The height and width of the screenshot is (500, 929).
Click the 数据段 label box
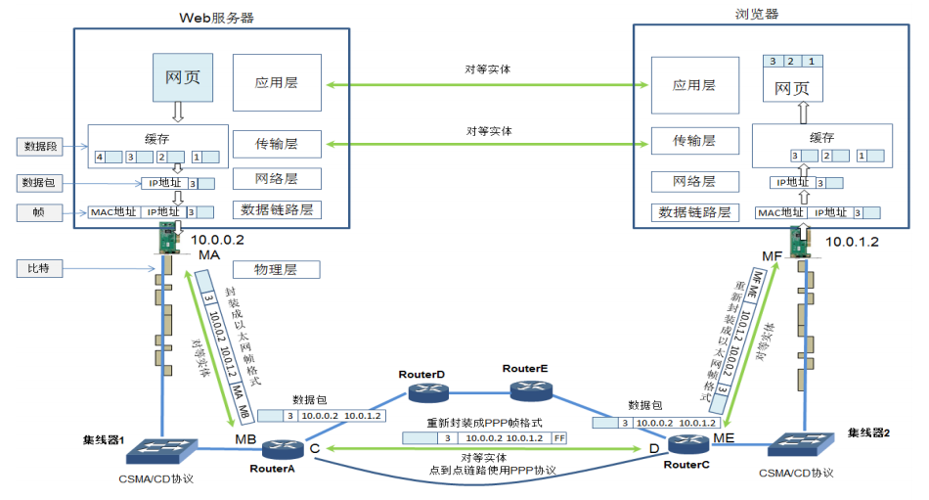[40, 147]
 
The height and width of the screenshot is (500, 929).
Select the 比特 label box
[40, 268]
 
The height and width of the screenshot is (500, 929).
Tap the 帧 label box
[40, 211]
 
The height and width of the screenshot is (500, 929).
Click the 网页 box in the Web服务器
[183, 77]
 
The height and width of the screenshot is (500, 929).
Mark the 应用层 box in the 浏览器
[694, 85]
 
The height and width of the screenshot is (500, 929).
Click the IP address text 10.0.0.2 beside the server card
[219, 239]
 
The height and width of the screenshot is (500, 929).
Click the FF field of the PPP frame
[559, 438]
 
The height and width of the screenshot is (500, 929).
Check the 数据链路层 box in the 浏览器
[694, 212]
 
